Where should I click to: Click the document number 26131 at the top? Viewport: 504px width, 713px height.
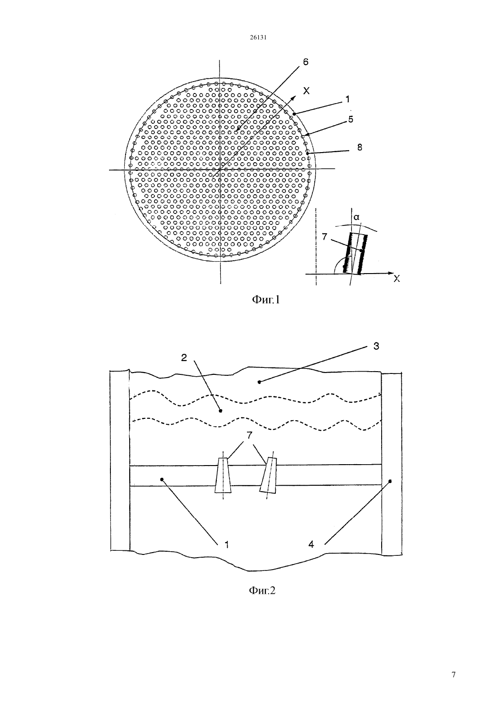coord(257,37)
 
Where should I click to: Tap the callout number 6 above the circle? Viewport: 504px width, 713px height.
coord(306,62)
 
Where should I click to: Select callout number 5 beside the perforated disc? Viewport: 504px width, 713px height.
coord(351,119)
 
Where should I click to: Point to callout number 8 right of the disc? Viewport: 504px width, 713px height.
coord(360,148)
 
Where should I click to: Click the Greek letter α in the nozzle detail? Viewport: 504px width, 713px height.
coord(356,217)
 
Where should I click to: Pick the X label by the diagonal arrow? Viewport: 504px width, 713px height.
coord(307,91)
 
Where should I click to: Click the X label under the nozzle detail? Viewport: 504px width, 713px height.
coord(396,279)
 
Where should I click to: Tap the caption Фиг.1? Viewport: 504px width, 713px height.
coord(266,300)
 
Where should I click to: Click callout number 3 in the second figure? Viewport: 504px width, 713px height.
coord(376,346)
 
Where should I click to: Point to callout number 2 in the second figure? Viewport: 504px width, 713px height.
coord(184,357)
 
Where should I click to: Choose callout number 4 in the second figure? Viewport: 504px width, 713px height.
coord(311,545)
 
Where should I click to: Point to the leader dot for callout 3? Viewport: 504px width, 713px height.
coord(259,382)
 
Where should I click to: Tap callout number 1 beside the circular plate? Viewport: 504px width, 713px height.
coord(348,99)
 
